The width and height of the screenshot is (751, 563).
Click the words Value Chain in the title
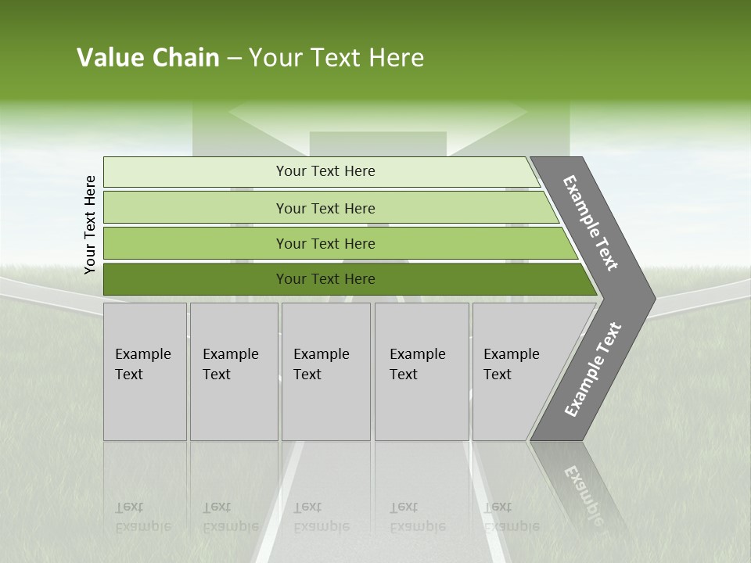[x=148, y=58]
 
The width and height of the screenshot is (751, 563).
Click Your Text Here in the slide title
[x=336, y=58]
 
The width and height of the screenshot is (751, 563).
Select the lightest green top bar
[x=196, y=171]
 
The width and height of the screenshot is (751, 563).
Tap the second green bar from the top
[x=196, y=208]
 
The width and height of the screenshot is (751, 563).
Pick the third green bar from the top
[x=196, y=243]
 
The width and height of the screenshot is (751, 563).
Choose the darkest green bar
[x=196, y=279]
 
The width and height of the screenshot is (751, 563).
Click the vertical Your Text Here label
[x=90, y=224]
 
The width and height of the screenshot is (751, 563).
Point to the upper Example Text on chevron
[x=591, y=223]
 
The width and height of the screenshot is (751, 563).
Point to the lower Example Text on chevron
[x=593, y=369]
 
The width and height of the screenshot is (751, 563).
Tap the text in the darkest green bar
[x=325, y=279]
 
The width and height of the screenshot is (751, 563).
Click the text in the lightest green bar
[x=325, y=171]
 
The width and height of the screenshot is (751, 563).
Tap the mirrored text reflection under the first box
[x=142, y=517]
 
